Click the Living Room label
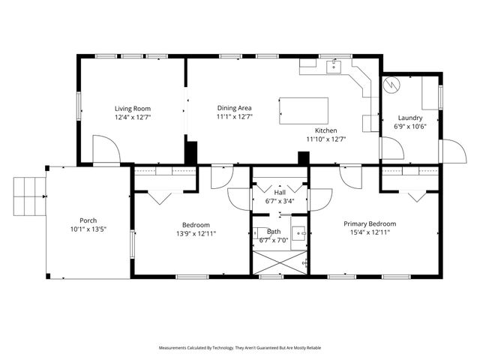[x=131, y=108]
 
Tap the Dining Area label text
[x=234, y=108]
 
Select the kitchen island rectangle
[x=304, y=111]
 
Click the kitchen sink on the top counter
[x=334, y=67]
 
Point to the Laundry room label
[x=410, y=118]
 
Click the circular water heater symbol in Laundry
[x=391, y=85]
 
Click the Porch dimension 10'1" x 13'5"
[x=88, y=229]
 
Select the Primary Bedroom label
[x=370, y=223]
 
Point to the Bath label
[x=274, y=232]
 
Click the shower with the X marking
[x=279, y=263]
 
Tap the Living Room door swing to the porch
[x=105, y=148]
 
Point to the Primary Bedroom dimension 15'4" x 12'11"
[x=370, y=232]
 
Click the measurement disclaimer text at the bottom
[x=239, y=348]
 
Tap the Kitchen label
[x=325, y=130]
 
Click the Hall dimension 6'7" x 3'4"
[x=279, y=201]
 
